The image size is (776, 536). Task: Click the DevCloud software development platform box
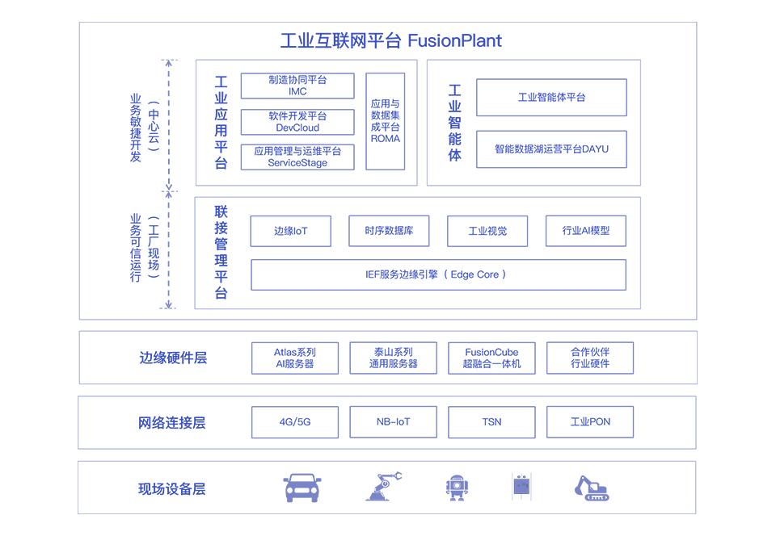[297, 122]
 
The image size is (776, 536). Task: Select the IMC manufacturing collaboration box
[297, 86]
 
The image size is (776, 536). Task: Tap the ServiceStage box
[297, 157]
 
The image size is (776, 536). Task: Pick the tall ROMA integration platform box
[385, 122]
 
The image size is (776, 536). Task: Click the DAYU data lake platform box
[551, 149]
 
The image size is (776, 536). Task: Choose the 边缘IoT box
[290, 231]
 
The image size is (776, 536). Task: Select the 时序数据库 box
[389, 231]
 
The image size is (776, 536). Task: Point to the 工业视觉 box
[487, 231]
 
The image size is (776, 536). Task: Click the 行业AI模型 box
[586, 231]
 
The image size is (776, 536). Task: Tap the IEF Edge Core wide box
[438, 274]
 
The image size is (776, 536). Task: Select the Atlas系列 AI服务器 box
[295, 358]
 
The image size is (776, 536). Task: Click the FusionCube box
[492, 358]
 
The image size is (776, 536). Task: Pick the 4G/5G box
[295, 422]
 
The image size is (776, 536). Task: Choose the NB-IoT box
[394, 422]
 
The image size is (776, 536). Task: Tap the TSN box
[492, 422]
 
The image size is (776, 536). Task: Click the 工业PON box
[590, 422]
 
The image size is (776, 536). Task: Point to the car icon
[302, 488]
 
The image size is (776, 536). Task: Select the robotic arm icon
[383, 487]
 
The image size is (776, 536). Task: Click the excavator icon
[592, 488]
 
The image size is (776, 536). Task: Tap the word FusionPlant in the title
[454, 40]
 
